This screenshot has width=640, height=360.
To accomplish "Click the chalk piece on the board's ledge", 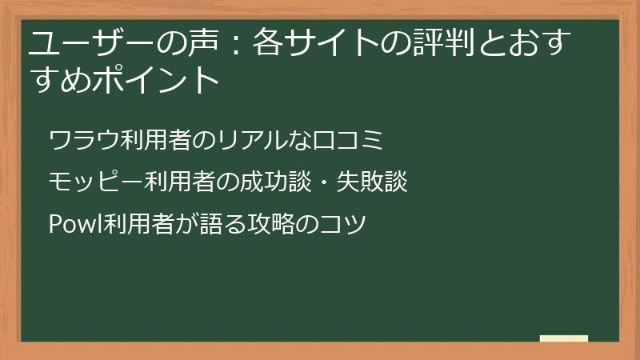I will pos(564,339).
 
